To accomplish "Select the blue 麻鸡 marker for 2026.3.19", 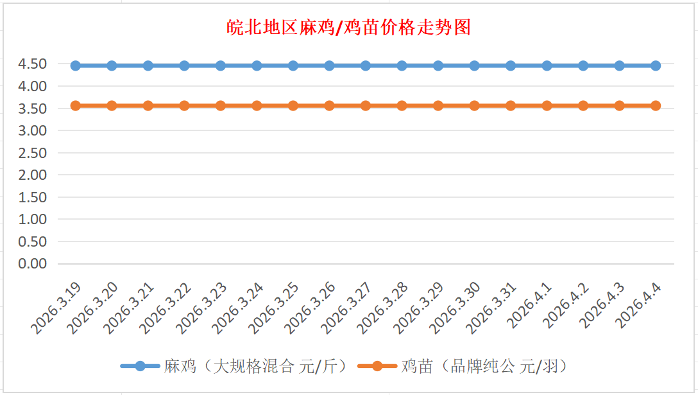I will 75,66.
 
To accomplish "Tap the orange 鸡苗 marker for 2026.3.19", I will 75,106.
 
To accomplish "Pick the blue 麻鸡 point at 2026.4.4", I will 656,66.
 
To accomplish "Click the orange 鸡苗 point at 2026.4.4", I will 656,106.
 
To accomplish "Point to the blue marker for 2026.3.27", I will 366,66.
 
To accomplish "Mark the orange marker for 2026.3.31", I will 511,106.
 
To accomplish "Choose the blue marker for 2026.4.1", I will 547,66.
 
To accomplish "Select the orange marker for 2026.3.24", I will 257,106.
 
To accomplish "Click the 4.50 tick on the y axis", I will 33,64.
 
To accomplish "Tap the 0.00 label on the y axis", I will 33,263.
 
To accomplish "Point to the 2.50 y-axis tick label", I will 33,153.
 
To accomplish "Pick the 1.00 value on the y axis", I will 33,219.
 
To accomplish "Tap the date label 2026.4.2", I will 565,307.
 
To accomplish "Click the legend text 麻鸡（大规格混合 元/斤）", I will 255,367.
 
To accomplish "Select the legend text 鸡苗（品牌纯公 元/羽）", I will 485,367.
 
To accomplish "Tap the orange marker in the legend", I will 377,366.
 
